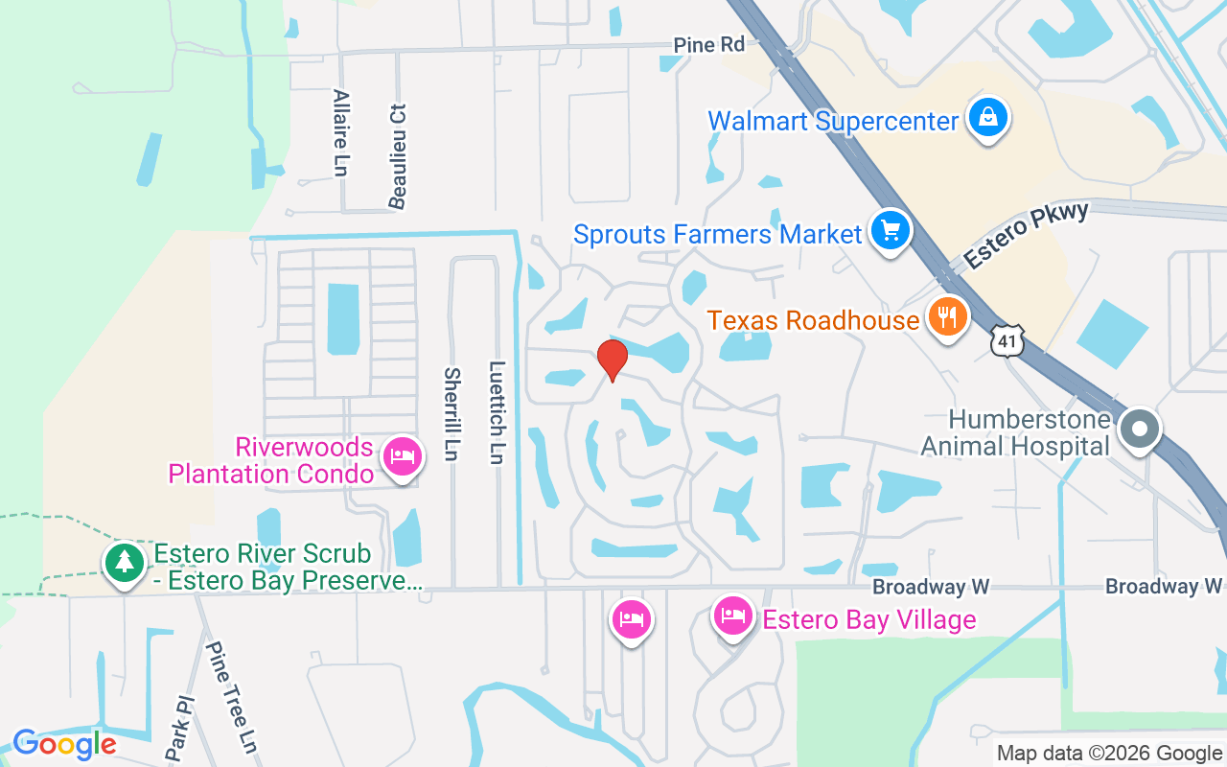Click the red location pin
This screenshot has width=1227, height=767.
point(612,360)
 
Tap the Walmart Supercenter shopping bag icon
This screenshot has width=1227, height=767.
point(985,119)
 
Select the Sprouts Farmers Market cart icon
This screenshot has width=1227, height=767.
point(891,231)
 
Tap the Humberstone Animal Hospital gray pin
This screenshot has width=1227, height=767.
point(1140,428)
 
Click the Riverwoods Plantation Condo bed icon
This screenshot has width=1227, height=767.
point(403,456)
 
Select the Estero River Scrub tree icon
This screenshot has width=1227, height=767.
point(124,563)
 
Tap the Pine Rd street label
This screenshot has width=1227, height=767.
point(708,45)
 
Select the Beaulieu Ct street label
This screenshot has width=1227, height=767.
point(398,155)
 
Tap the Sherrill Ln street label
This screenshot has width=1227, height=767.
point(452,413)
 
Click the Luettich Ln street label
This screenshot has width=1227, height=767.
point(497,411)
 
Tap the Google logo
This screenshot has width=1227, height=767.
point(64,743)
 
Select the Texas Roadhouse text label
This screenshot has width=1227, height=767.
point(813,319)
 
